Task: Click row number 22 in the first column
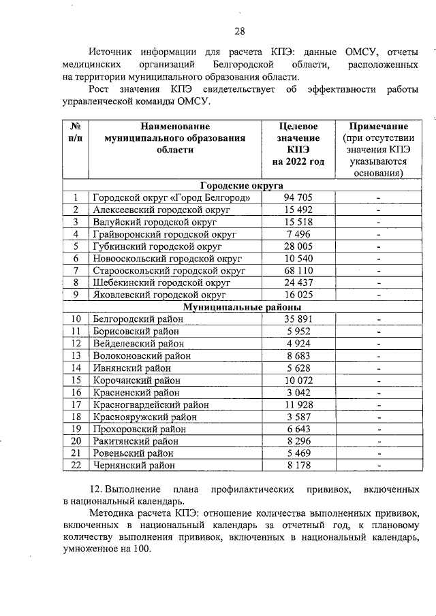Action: click(76, 465)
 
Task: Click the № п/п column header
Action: click(76, 132)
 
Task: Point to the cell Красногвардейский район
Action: click(151, 404)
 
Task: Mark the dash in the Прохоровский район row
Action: click(378, 429)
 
